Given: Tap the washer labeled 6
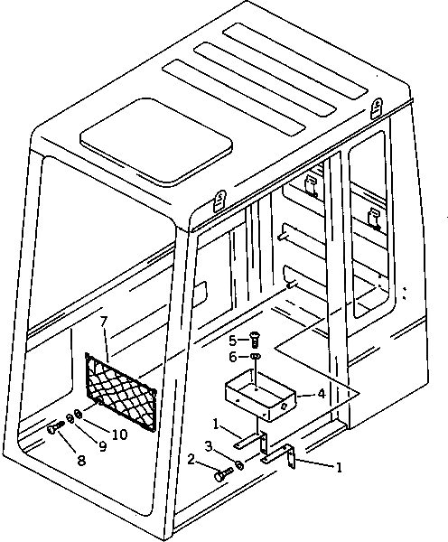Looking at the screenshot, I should pyautogui.click(x=256, y=359).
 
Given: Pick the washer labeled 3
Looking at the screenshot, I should pyautogui.click(x=239, y=465).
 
